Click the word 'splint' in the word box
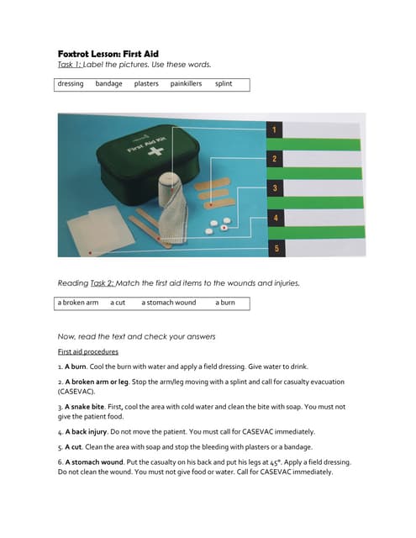[x=224, y=84]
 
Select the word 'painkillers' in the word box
[x=186, y=84]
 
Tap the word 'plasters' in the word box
[x=146, y=84]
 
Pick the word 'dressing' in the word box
[x=71, y=84]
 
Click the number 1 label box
[x=274, y=129]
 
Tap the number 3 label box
[x=275, y=188]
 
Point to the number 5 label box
[x=276, y=249]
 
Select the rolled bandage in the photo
[x=172, y=208]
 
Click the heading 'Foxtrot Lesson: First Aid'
[x=108, y=54]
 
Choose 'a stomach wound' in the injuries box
[x=168, y=303]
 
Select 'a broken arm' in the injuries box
[x=78, y=303]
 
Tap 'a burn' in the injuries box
[x=225, y=303]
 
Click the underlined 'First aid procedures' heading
[x=87, y=351]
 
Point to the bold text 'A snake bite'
[x=84, y=407]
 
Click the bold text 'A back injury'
[x=86, y=431]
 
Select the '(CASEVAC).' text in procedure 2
[x=76, y=392]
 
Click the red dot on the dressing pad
[x=90, y=253]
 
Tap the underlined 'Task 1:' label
[x=70, y=65]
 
